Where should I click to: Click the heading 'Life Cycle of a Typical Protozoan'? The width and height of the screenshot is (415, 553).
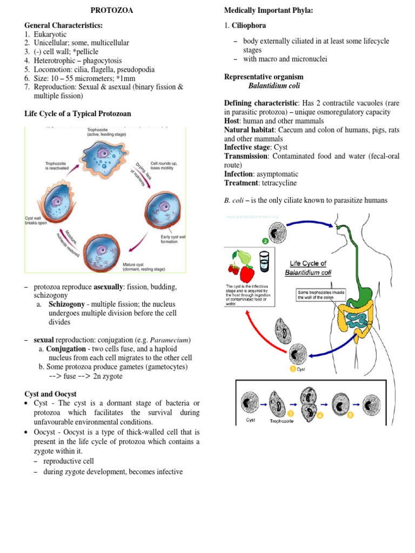click(x=77, y=113)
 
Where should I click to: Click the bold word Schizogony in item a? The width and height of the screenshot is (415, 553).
click(x=68, y=305)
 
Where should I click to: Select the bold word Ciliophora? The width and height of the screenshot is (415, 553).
click(x=249, y=25)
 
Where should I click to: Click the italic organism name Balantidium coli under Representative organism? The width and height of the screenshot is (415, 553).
click(x=275, y=85)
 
